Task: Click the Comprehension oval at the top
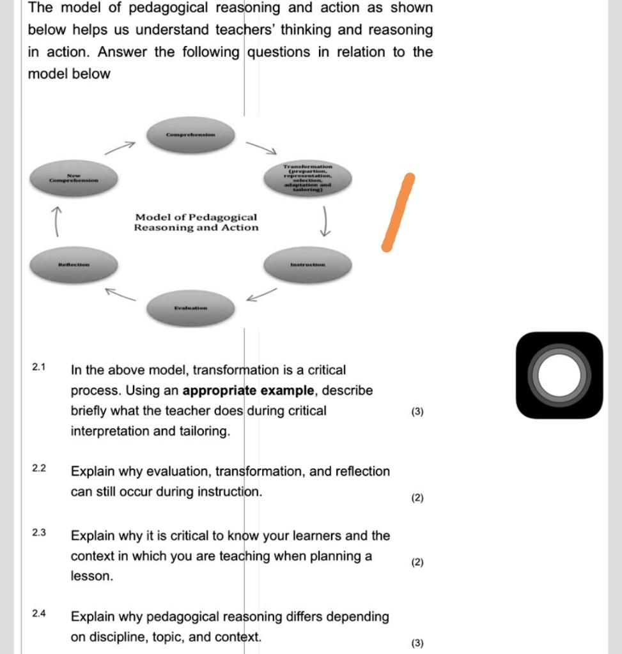pyautogui.click(x=190, y=135)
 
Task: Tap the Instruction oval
pyautogui.click(x=307, y=264)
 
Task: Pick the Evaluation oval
pyautogui.click(x=190, y=308)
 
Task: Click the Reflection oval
pyautogui.click(x=74, y=264)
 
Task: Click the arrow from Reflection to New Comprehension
pyautogui.click(x=58, y=221)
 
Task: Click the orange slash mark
pyautogui.click(x=398, y=212)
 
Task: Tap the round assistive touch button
pyautogui.click(x=559, y=376)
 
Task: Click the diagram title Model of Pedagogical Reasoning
pyautogui.click(x=196, y=222)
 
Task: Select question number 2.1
pyautogui.click(x=39, y=367)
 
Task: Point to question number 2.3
pyautogui.click(x=39, y=532)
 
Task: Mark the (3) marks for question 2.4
pyautogui.click(x=417, y=643)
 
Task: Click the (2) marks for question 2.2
pyautogui.click(x=417, y=498)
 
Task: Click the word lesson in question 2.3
pyautogui.click(x=92, y=576)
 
